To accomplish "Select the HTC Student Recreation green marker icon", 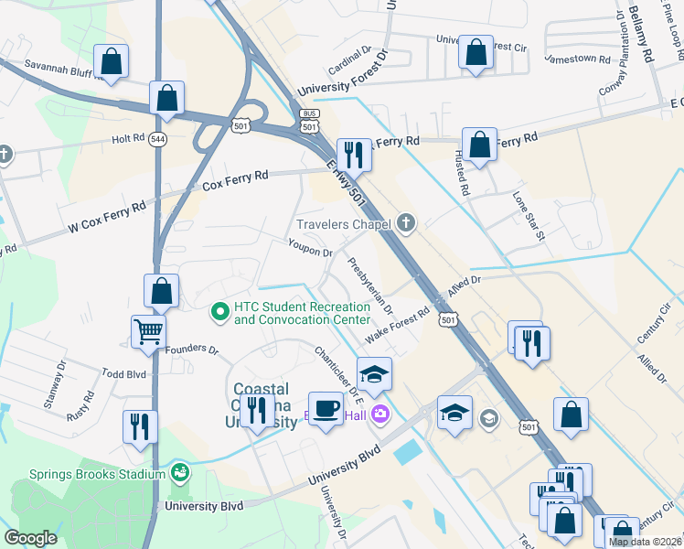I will pos(220,313).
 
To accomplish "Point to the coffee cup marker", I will pos(326,409).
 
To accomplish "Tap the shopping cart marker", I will pos(148,332).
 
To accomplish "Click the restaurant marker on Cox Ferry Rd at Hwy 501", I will pos(353,155).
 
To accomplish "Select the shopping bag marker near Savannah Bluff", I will pos(111,62).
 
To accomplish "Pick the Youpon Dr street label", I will pos(309,248).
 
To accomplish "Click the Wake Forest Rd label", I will pos(398,323).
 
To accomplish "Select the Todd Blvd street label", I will pos(124,373).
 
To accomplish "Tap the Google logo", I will pos(30,538).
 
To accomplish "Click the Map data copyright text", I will pos(645,542).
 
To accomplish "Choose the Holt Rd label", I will pos(129,138).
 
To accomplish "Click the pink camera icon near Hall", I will pos(379,414).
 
